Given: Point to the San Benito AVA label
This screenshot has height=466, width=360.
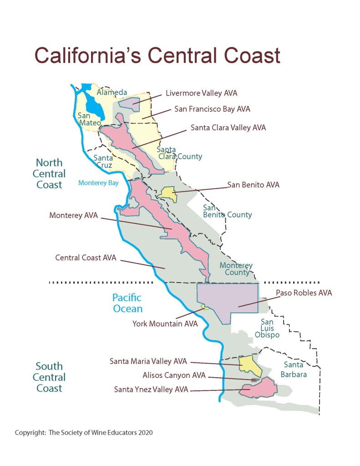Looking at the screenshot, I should [254, 185].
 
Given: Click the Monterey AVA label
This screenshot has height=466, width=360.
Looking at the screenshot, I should [73, 215].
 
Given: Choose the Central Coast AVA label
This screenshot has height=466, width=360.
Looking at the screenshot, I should [86, 258].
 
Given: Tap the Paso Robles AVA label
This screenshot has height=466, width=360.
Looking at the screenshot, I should [304, 293].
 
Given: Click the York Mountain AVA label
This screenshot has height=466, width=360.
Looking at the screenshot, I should [165, 324].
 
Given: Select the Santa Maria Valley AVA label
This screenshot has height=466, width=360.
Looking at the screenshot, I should [148, 361].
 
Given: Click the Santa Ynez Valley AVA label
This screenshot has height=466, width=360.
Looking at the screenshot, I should [152, 389].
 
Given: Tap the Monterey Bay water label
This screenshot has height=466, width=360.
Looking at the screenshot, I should [98, 183].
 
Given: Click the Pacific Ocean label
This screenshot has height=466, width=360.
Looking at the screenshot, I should [127, 304].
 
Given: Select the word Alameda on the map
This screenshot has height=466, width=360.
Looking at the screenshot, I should [112, 92].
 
